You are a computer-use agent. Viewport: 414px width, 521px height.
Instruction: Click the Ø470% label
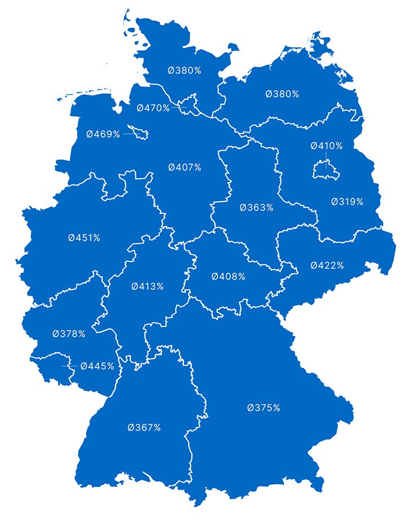point(153,108)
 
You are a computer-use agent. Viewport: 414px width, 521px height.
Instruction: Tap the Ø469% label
point(103,134)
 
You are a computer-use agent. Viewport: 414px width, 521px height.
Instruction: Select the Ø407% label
point(184,167)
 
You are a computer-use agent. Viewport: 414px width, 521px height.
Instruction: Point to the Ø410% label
point(327,146)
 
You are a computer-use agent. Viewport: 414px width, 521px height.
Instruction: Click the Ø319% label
point(347,201)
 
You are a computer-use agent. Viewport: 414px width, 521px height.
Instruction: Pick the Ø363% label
point(256,207)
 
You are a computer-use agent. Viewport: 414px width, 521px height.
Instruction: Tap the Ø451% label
point(84,238)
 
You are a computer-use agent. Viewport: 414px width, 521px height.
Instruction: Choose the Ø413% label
point(148,286)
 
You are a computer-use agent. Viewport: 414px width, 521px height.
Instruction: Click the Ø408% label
point(228,277)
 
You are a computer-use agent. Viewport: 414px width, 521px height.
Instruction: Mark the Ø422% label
point(327,265)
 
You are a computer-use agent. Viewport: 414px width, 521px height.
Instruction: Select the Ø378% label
point(69,334)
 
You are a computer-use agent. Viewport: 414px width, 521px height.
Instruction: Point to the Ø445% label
point(97,366)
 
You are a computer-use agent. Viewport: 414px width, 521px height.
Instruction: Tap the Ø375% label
point(263,408)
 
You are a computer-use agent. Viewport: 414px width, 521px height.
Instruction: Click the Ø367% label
point(144,427)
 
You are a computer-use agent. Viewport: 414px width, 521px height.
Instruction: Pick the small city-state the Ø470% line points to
point(191,105)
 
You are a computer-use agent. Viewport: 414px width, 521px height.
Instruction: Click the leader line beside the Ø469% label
point(129,134)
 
